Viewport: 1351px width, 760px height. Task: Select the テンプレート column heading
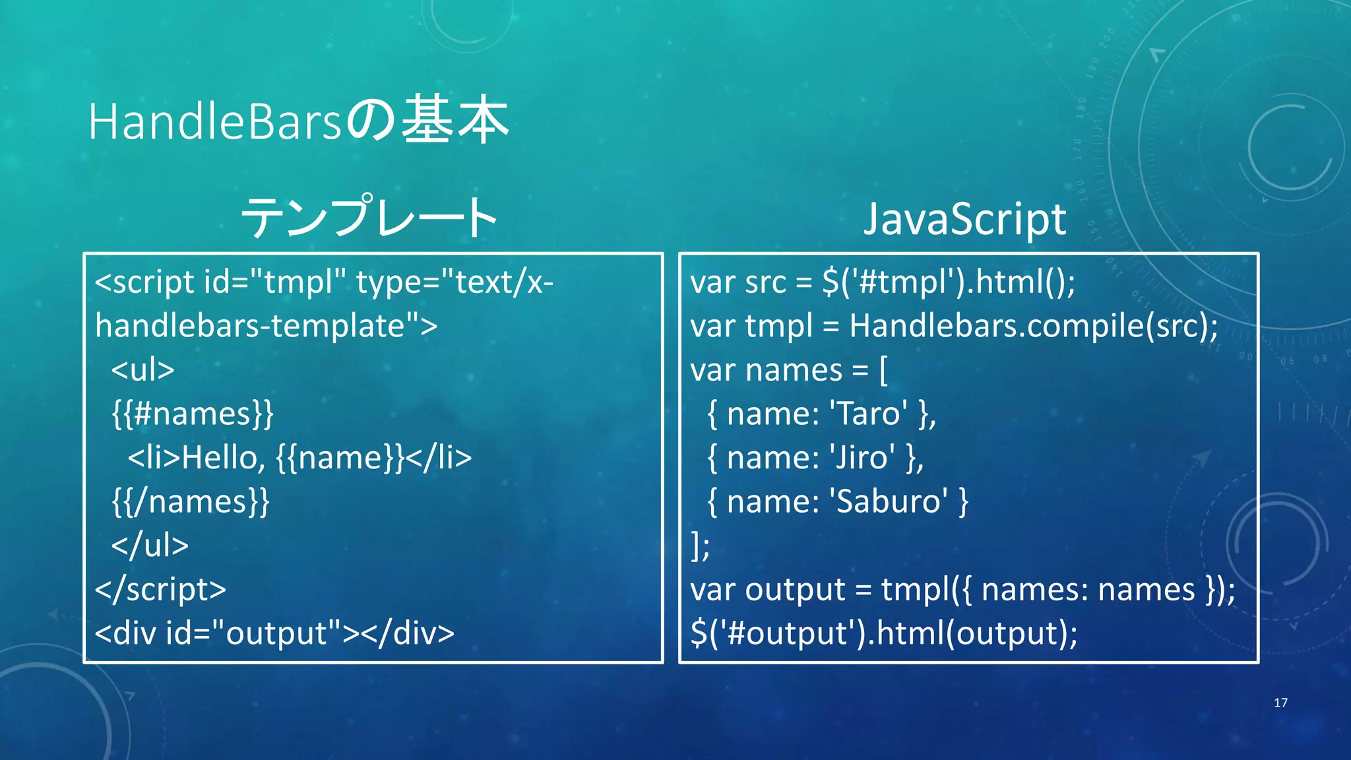coord(369,217)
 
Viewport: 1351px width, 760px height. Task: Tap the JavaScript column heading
coord(965,218)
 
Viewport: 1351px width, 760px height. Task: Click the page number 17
coord(1280,703)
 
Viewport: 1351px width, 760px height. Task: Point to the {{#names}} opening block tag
coord(192,414)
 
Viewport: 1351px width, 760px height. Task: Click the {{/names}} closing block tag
coord(191,501)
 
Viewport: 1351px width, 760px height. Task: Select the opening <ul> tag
coord(142,369)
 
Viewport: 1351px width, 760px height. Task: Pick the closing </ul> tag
coord(150,545)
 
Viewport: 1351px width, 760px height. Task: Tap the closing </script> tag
coord(160,589)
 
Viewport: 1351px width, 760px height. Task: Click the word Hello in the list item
coord(220,457)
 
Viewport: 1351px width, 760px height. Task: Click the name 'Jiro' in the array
coord(862,457)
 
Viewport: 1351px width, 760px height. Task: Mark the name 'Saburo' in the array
coord(889,501)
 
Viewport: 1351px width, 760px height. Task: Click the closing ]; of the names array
coord(700,546)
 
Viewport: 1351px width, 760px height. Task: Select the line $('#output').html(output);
coord(884,633)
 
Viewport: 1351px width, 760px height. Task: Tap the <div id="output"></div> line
coord(274,633)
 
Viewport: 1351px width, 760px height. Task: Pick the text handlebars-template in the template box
coord(250,326)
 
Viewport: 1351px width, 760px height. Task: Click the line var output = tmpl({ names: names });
coord(962,589)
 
